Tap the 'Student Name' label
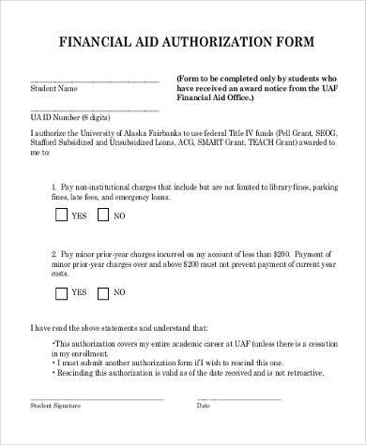[x=53, y=91]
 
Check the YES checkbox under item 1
[x=61, y=215]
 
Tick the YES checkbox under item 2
[x=61, y=292]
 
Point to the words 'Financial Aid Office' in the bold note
[x=210, y=96]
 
